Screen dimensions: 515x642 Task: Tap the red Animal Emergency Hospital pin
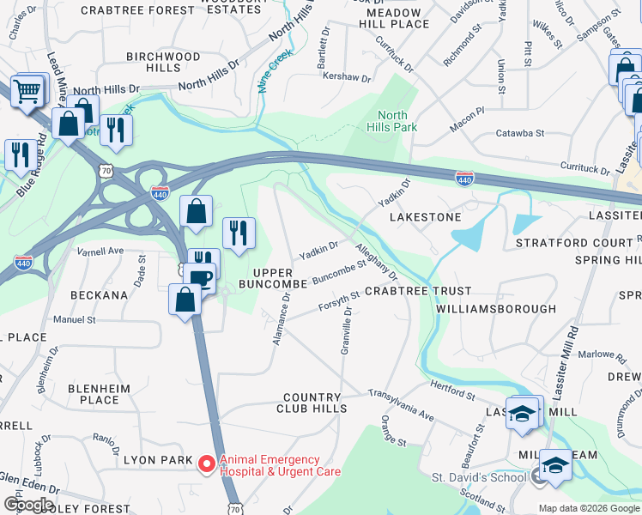(x=206, y=465)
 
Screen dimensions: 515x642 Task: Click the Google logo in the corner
(x=28, y=505)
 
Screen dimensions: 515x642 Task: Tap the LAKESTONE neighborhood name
(x=426, y=217)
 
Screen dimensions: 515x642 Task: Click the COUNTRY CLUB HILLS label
(x=315, y=403)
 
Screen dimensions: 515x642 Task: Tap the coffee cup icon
(x=201, y=278)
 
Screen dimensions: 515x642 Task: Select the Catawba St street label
(x=521, y=133)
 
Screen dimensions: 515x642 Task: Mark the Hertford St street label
(x=452, y=391)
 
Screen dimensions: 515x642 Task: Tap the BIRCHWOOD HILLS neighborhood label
(x=163, y=62)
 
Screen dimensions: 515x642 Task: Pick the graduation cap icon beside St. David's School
(x=555, y=464)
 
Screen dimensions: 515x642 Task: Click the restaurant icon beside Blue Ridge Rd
(x=19, y=153)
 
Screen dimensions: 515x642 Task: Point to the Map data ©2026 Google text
(x=588, y=508)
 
